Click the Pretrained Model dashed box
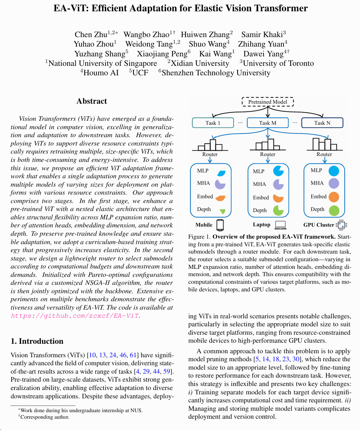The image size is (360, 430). click(x=268, y=102)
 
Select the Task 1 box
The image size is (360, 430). click(x=213, y=123)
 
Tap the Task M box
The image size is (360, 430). click(x=268, y=123)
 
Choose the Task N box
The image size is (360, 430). click(x=322, y=123)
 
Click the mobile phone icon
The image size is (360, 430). click(x=220, y=225)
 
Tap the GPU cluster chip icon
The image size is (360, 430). click(x=341, y=225)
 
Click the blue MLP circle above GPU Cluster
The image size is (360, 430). click(x=334, y=171)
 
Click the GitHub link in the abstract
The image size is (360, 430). click(x=75, y=316)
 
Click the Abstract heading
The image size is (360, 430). click(x=92, y=101)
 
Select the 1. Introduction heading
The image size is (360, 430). click(x=37, y=341)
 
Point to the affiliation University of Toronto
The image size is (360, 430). click(x=278, y=63)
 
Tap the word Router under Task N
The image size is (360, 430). click(x=324, y=154)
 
